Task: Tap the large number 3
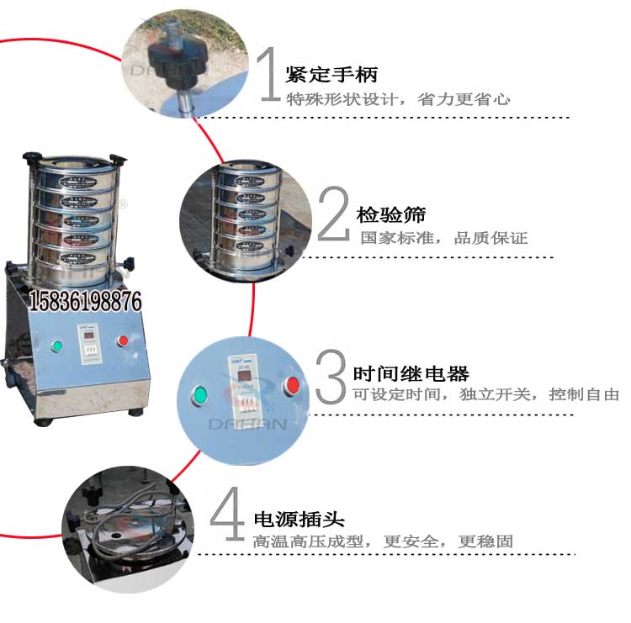click(x=331, y=374)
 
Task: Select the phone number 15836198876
click(x=86, y=301)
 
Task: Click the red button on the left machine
click(x=123, y=341)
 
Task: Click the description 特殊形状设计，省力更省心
click(x=398, y=99)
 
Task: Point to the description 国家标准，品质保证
click(x=443, y=238)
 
